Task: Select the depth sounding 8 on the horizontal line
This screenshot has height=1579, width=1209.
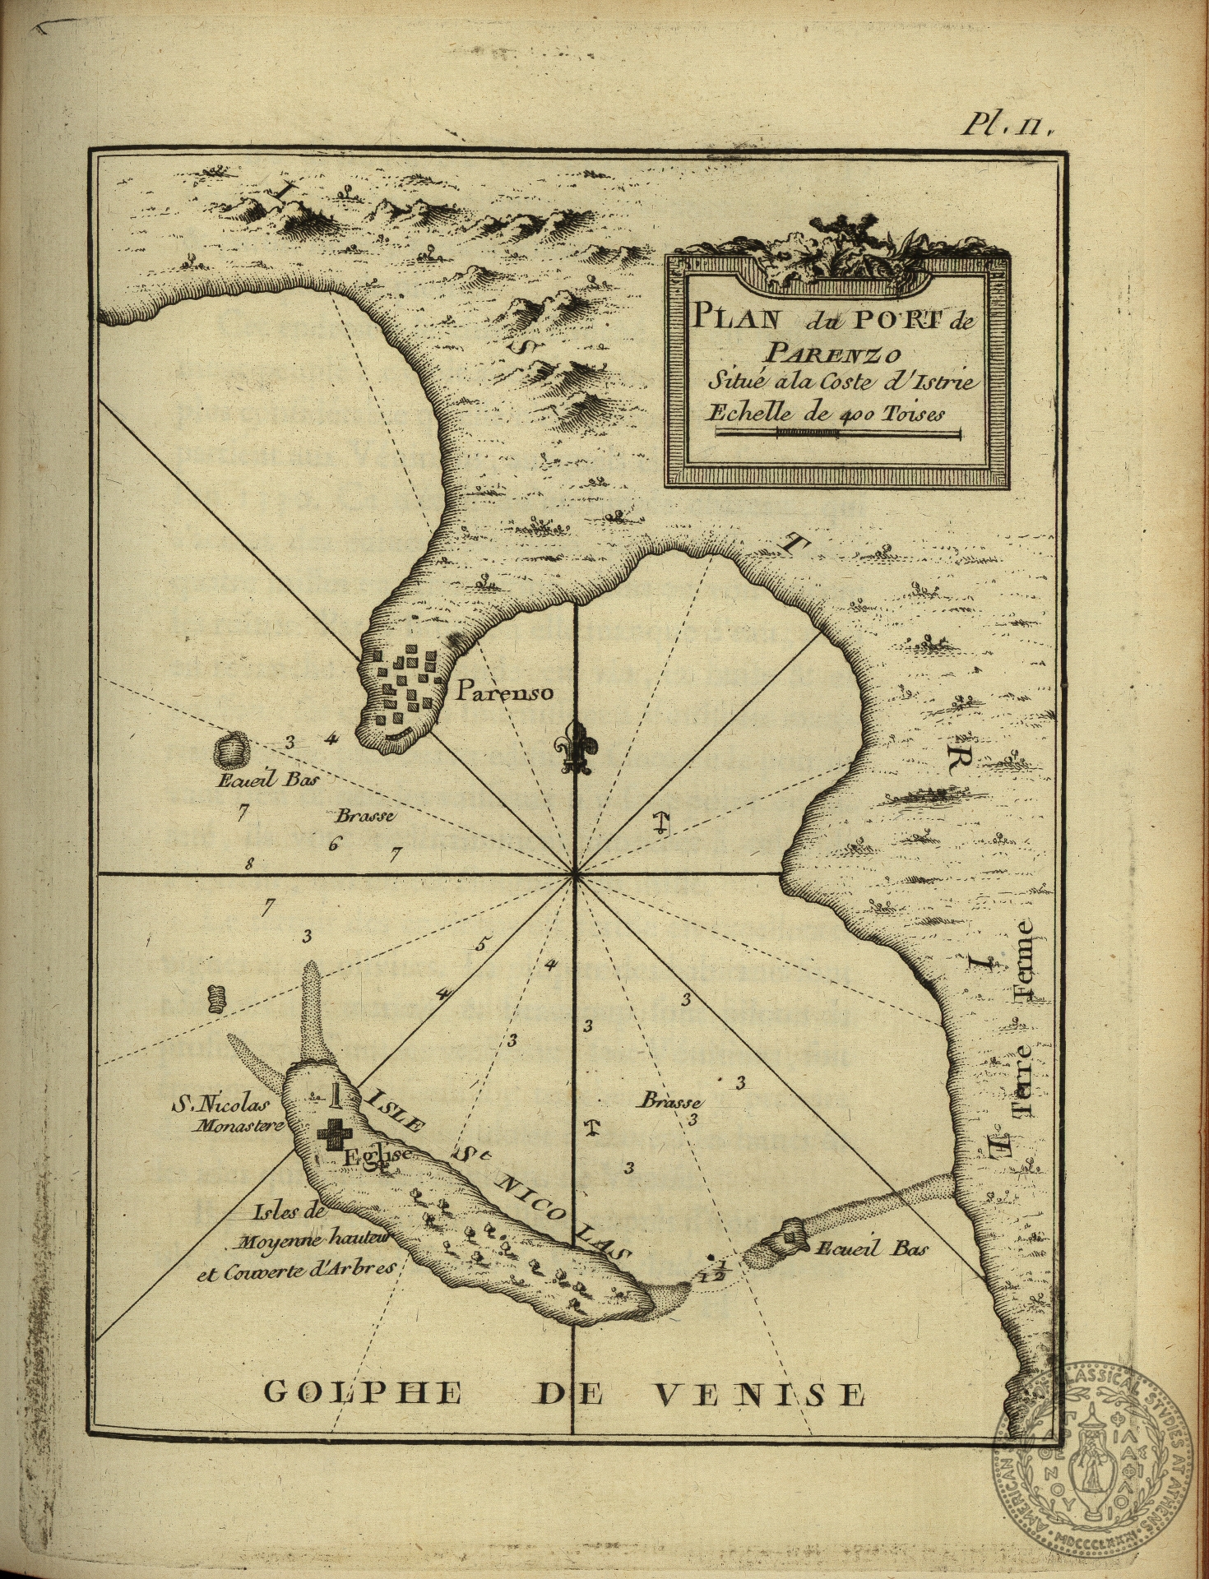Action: pyautogui.click(x=248, y=864)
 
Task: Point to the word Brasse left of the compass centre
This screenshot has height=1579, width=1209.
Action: pyautogui.click(x=365, y=817)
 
